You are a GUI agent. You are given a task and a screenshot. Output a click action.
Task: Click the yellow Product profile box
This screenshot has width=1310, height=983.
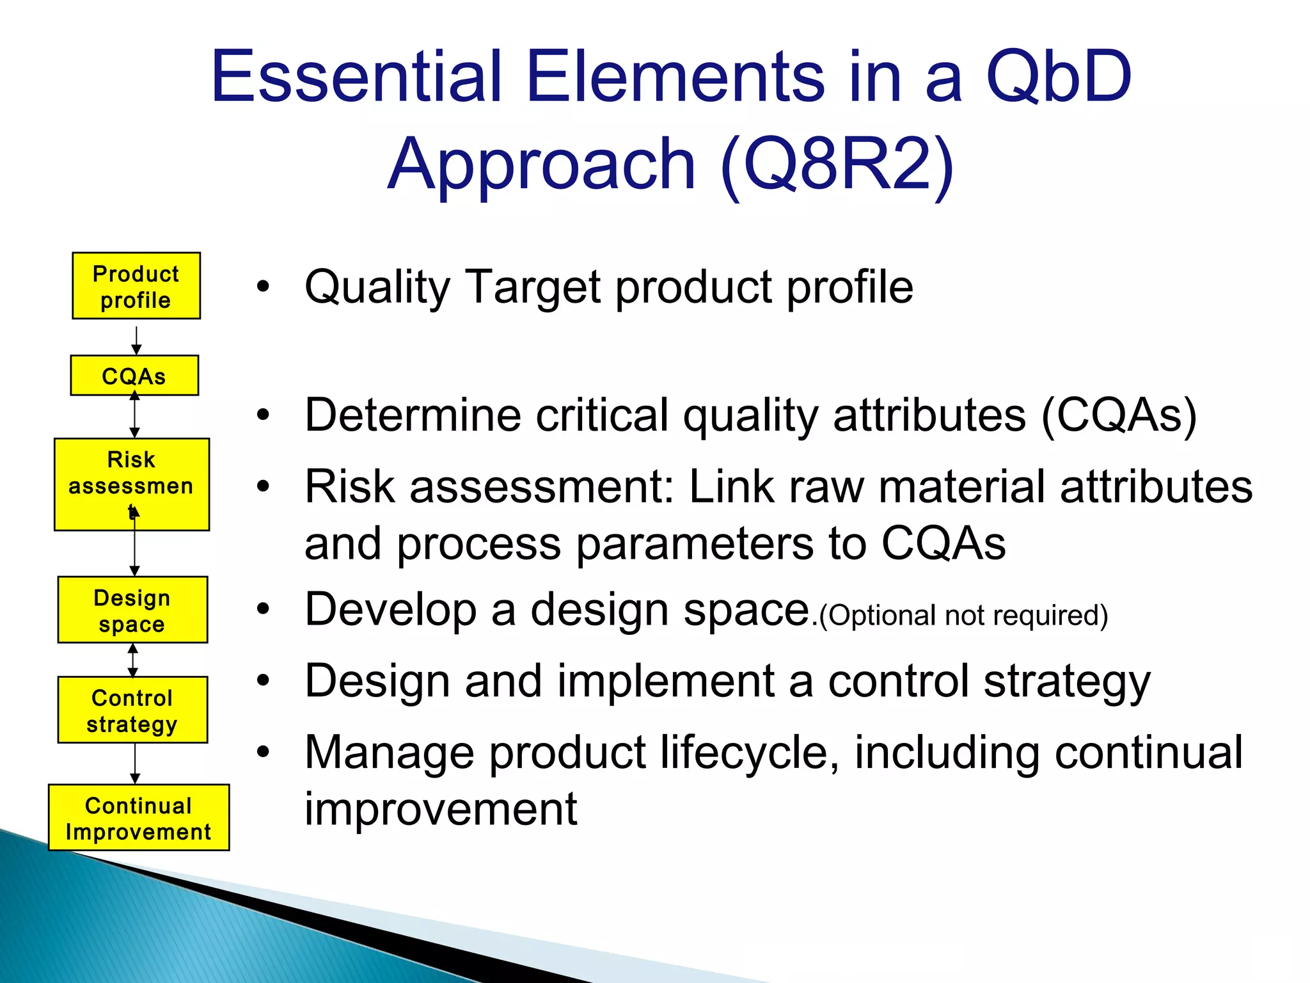click(x=136, y=285)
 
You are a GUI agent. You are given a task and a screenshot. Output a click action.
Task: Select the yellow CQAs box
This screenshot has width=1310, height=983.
click(x=134, y=375)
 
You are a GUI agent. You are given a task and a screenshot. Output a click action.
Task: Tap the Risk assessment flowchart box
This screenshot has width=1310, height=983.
click(x=132, y=484)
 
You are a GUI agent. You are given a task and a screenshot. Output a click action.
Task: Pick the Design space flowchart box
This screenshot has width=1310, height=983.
click(x=132, y=609)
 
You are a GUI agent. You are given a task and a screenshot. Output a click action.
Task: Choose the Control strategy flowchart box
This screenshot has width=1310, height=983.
click(x=132, y=710)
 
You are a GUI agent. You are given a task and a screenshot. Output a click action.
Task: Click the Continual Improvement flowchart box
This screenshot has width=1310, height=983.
click(x=139, y=817)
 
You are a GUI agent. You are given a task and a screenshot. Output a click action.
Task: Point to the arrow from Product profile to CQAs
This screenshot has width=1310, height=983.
click(x=136, y=340)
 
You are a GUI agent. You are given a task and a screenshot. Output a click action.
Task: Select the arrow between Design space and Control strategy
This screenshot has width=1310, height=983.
click(x=132, y=660)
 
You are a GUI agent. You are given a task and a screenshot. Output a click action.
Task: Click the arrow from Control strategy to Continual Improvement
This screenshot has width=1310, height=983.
click(x=135, y=763)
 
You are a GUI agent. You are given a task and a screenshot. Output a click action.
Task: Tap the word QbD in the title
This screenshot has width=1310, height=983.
click(x=1059, y=77)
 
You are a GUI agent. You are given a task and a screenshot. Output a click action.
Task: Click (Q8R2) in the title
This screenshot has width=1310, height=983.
click(x=837, y=165)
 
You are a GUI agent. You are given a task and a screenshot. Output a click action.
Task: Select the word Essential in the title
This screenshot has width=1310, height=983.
click(x=356, y=76)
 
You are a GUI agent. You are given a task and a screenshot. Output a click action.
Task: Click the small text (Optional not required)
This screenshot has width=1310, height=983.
click(x=963, y=616)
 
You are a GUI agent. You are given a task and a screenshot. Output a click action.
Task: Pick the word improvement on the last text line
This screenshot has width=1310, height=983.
click(x=441, y=810)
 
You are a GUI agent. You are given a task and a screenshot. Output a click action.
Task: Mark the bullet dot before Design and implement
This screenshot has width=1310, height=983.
click(x=263, y=681)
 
